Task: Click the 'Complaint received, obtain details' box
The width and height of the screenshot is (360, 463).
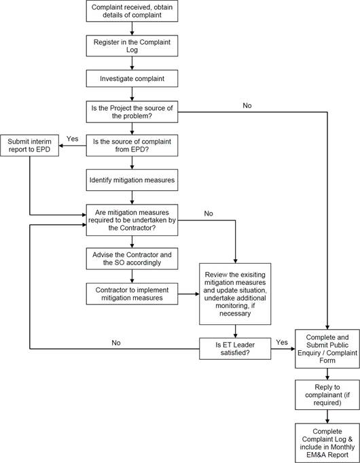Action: (132, 11)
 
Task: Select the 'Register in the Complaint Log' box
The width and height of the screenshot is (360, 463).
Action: (132, 46)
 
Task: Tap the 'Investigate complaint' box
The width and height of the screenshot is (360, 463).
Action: (132, 79)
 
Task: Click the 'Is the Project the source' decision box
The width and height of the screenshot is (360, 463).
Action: (132, 112)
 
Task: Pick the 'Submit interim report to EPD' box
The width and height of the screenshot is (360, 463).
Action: (29, 145)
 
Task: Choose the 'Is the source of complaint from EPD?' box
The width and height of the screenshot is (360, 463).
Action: (132, 145)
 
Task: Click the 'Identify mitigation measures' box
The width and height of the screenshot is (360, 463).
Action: (132, 179)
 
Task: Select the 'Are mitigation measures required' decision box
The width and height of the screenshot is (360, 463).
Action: (132, 220)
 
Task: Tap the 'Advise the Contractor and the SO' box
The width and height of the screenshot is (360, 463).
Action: (132, 258)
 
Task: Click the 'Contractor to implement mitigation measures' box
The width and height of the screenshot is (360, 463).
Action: (132, 294)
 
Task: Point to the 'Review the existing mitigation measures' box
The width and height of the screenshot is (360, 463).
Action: (235, 294)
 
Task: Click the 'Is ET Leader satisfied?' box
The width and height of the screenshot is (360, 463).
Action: (235, 349)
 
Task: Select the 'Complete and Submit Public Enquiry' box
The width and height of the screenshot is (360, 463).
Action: (327, 349)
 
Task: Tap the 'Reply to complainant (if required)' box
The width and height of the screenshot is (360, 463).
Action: (327, 395)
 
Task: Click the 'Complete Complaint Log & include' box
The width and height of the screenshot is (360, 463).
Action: (327, 443)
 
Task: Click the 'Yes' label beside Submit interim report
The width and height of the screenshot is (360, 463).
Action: (72, 139)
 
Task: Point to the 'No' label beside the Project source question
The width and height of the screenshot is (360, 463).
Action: (247, 105)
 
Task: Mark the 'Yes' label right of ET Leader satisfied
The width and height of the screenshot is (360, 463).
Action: (282, 342)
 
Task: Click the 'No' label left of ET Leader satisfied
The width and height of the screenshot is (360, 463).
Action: (116, 343)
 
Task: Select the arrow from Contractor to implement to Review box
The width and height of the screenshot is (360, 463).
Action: (189, 294)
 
